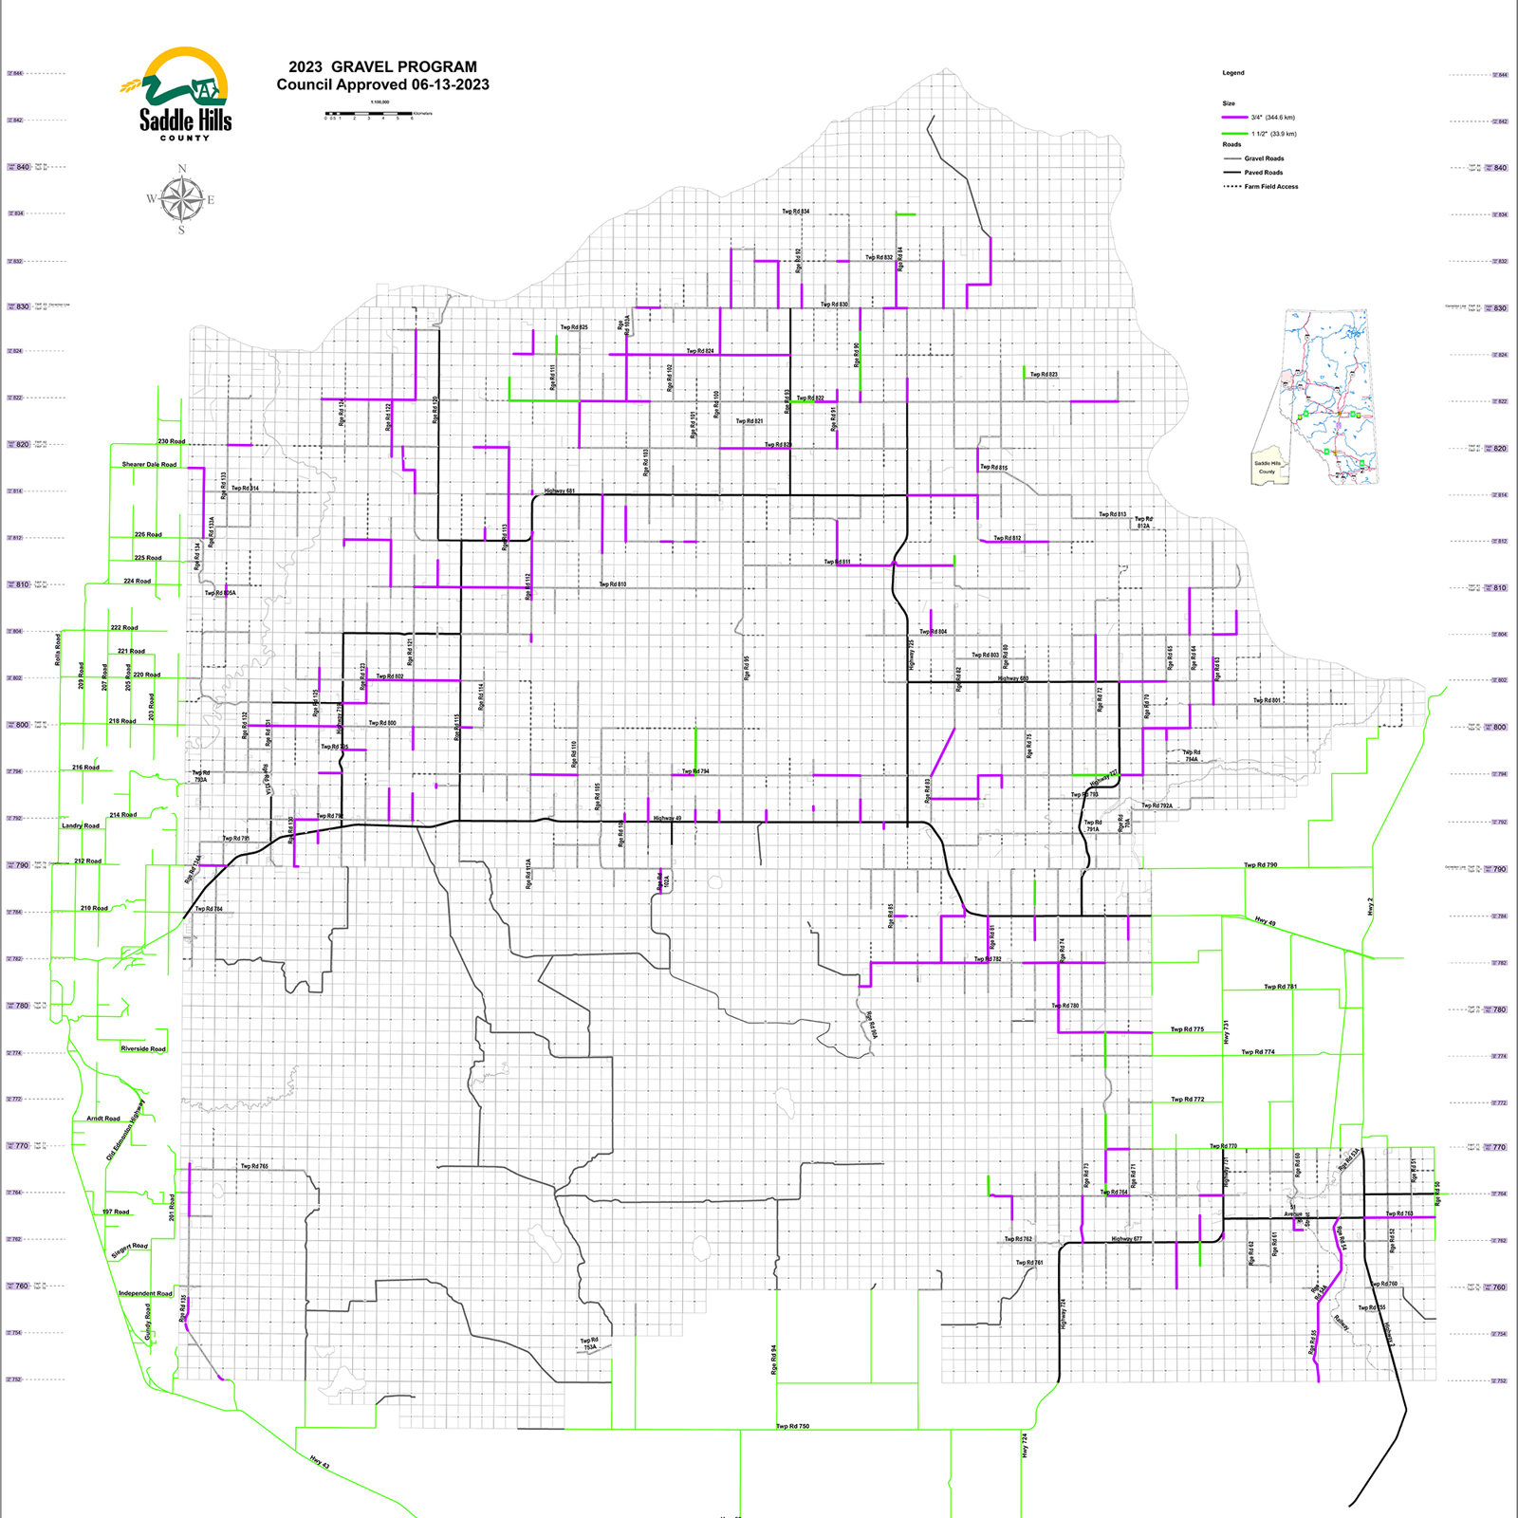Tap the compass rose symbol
point(181,199)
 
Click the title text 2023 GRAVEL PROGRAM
point(382,66)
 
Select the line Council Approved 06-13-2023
point(382,84)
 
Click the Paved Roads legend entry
point(1263,173)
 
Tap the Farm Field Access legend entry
point(1270,187)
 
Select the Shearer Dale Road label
point(149,465)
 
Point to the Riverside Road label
point(143,1049)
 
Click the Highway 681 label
point(560,491)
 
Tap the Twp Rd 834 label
point(796,212)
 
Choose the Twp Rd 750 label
point(793,1426)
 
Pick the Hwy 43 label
point(320,1462)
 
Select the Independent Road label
point(145,1294)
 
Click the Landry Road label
point(81,826)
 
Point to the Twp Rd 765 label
point(254,1166)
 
